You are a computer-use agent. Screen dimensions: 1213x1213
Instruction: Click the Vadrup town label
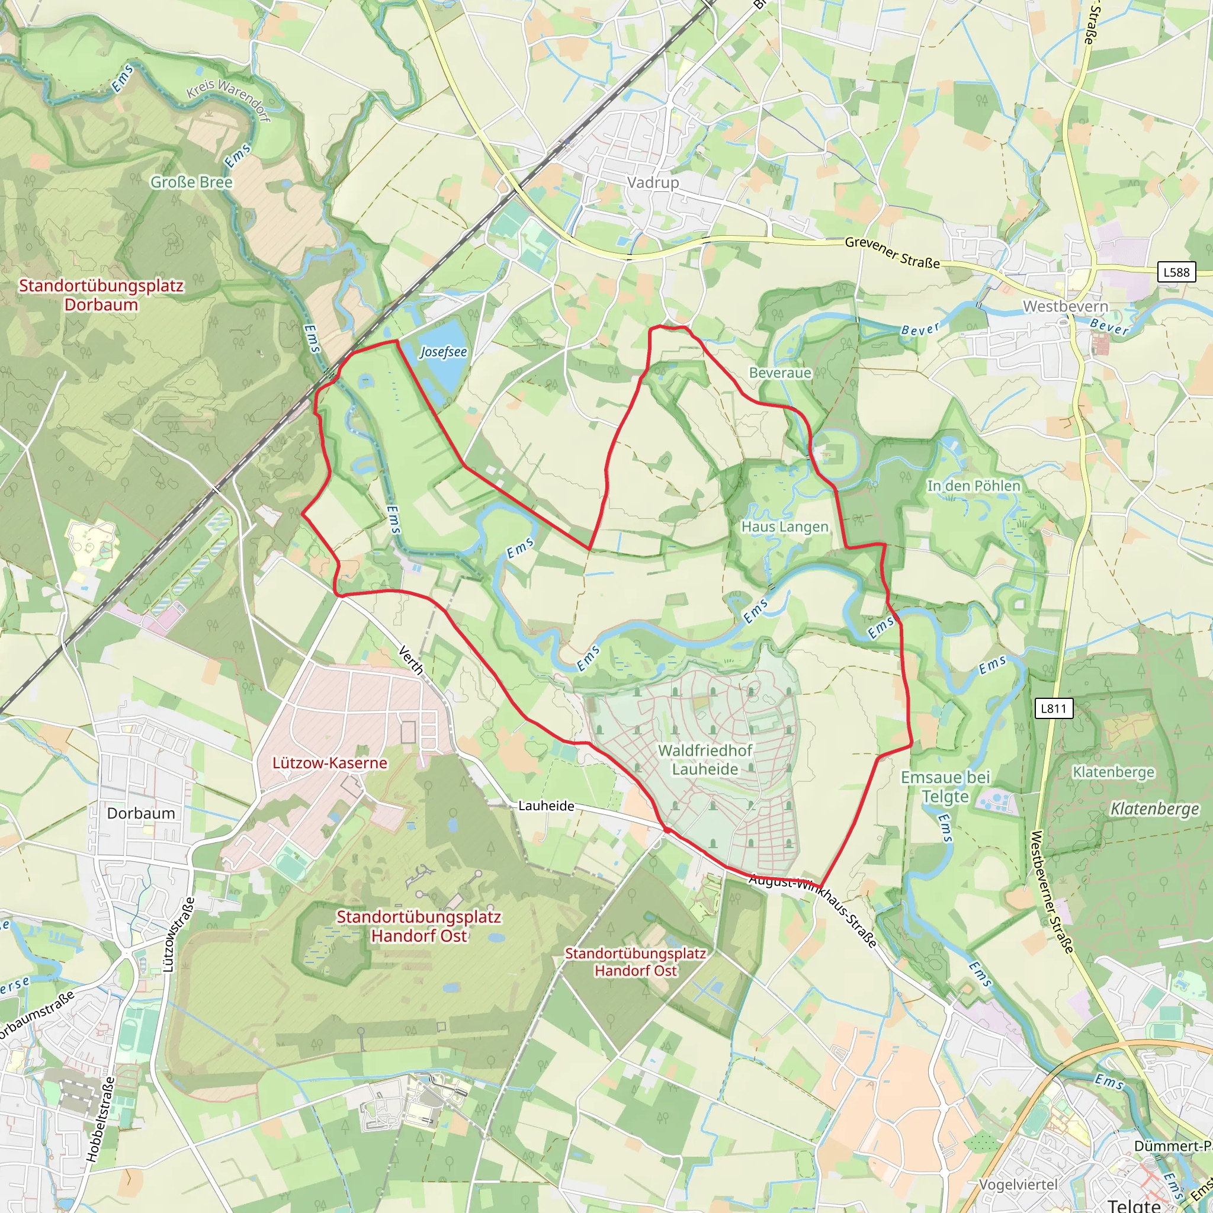tap(653, 182)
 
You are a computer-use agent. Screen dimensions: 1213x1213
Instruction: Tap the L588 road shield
tap(1176, 272)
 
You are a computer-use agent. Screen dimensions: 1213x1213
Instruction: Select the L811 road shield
tap(1054, 708)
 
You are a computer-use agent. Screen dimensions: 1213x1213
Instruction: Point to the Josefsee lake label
tap(443, 352)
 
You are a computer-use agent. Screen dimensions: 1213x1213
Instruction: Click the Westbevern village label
tap(1066, 306)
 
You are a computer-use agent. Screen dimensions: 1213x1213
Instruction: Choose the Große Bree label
tap(191, 182)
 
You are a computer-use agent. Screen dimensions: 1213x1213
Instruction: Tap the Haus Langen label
tap(785, 527)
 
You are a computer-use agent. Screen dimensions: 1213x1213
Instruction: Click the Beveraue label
tap(780, 373)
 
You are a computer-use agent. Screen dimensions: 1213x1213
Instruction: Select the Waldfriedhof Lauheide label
tap(705, 760)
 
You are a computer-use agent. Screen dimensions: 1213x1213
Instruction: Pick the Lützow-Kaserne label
tap(330, 763)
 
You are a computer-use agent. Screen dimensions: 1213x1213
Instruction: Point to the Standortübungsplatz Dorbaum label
tap(101, 295)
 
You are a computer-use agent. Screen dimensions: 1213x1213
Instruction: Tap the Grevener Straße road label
tap(892, 252)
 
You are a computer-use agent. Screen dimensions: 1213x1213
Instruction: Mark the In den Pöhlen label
tap(974, 486)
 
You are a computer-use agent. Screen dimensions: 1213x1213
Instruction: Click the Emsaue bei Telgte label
tap(945, 787)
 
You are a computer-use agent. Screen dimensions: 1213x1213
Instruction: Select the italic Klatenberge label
tap(1154, 808)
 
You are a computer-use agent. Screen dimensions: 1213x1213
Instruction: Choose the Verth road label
tap(411, 660)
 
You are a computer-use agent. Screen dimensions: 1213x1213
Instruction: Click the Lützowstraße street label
tap(179, 935)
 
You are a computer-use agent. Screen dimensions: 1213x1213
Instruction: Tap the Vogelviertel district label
tap(1018, 1184)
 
